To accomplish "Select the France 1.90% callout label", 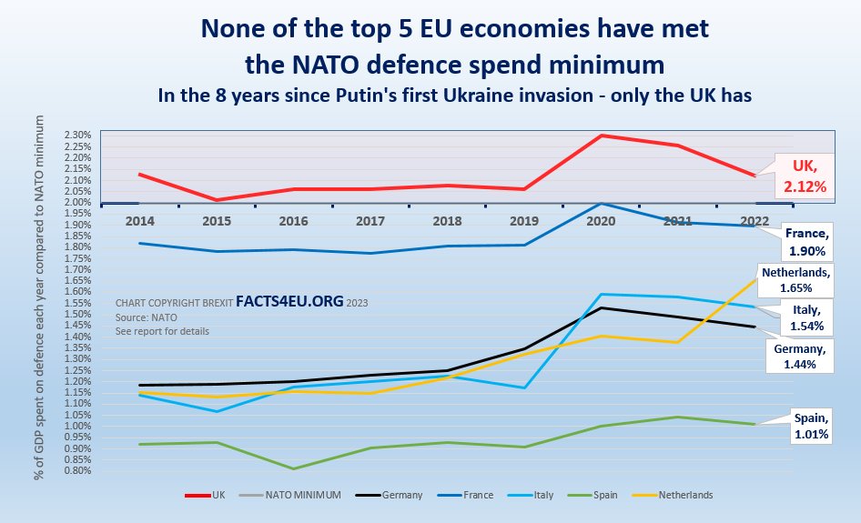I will (807, 241).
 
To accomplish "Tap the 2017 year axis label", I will (370, 220).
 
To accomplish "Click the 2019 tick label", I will (524, 220).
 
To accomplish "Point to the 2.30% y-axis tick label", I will (77, 136).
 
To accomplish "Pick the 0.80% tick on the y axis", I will (77, 470).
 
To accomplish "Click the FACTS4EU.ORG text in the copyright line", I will (290, 301).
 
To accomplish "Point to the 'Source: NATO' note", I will (146, 317).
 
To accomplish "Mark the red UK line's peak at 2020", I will (601, 136).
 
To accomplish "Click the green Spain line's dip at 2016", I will (292, 468).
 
